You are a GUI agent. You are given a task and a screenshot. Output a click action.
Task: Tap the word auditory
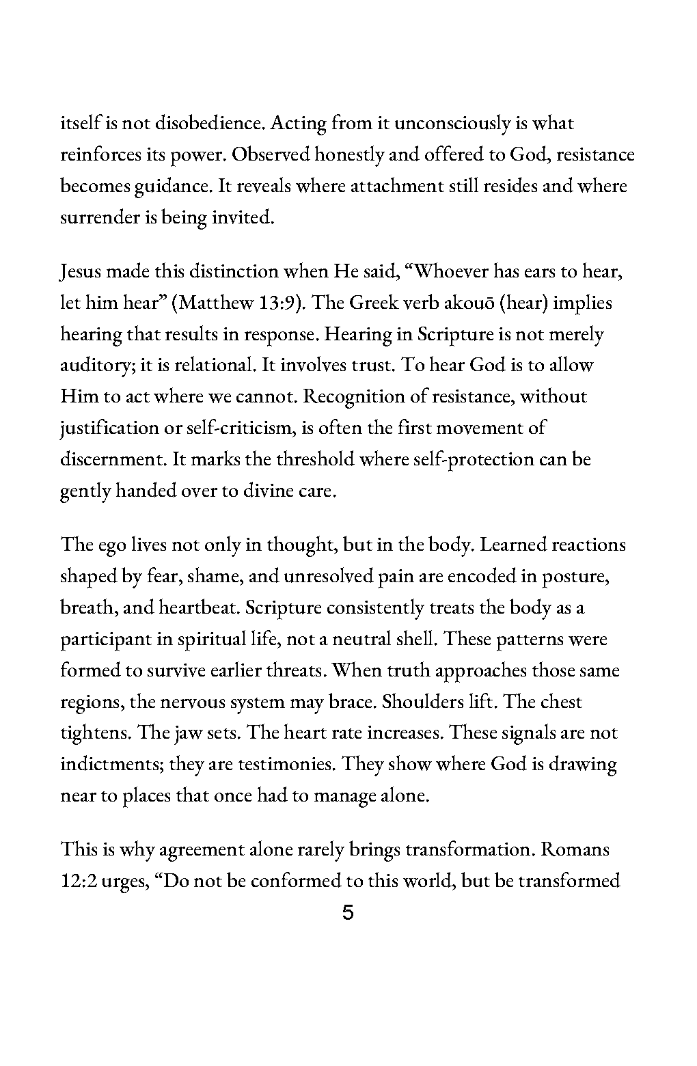pyautogui.click(x=96, y=366)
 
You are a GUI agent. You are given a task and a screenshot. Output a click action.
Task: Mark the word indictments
pyautogui.click(x=110, y=764)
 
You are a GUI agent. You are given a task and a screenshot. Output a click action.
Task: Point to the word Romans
pyautogui.click(x=575, y=850)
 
